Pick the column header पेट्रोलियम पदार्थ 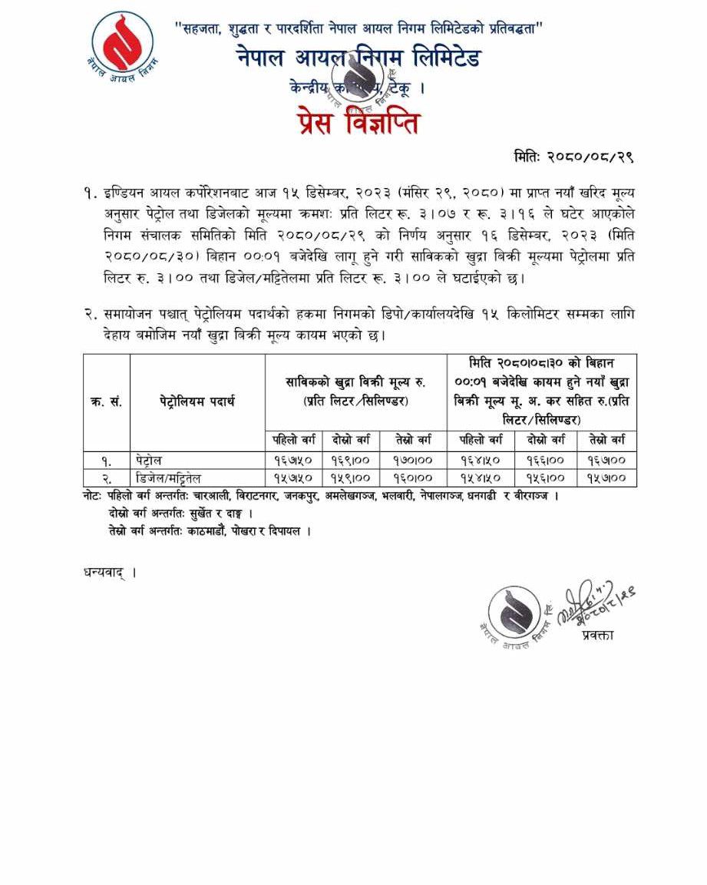pos(197,401)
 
